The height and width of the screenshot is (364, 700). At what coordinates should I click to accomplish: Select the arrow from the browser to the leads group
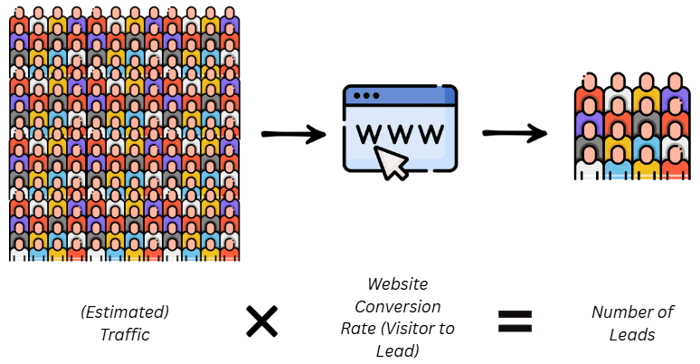click(515, 134)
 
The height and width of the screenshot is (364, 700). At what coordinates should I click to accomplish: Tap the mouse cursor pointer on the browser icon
click(391, 162)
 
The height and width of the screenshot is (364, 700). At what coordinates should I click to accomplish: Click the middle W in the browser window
click(401, 133)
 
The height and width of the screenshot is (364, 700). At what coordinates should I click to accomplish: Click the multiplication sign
click(262, 321)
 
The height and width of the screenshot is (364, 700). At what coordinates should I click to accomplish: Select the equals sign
click(514, 321)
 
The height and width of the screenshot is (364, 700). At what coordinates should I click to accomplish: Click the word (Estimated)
click(124, 312)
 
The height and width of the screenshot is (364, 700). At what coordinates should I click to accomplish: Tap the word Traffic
click(124, 334)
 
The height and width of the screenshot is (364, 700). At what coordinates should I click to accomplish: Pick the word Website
click(399, 284)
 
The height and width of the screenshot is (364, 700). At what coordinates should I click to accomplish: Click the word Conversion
click(399, 306)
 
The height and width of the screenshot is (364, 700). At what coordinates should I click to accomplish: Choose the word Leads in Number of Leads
click(633, 334)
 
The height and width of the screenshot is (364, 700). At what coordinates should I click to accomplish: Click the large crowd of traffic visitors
click(125, 134)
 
